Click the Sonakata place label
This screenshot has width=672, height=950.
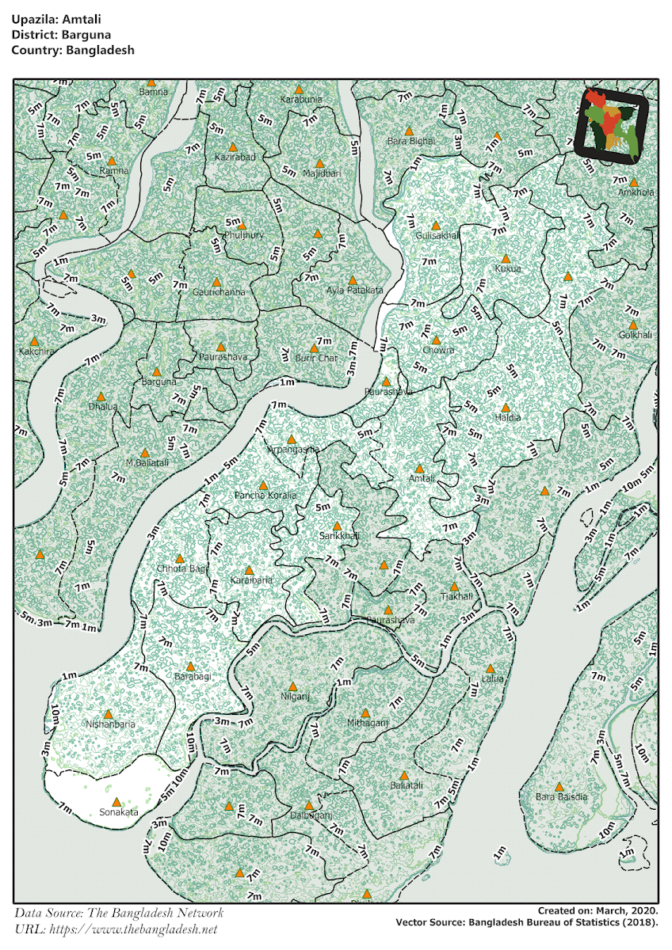pyautogui.click(x=119, y=812)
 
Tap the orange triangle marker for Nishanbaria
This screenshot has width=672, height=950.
pyautogui.click(x=109, y=714)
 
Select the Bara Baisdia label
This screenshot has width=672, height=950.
pyautogui.click(x=562, y=797)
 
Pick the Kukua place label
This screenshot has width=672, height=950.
pyautogui.click(x=508, y=269)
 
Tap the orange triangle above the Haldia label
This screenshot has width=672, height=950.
pyautogui.click(x=506, y=407)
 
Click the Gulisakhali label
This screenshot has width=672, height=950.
pyautogui.click(x=437, y=236)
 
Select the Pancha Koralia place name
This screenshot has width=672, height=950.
pyautogui.click(x=265, y=496)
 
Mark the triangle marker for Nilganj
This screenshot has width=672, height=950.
pyautogui.click(x=292, y=686)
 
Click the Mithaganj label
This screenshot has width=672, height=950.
pyautogui.click(x=368, y=724)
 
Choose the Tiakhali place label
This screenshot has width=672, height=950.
pyautogui.click(x=456, y=596)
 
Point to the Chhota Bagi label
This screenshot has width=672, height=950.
pyautogui.click(x=182, y=569)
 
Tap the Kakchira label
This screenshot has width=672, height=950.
pyautogui.click(x=36, y=351)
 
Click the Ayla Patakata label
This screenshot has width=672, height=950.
pyautogui.click(x=354, y=291)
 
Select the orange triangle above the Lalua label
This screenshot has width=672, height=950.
pyautogui.click(x=491, y=669)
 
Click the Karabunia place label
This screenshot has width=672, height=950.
pyautogui.click(x=301, y=100)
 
